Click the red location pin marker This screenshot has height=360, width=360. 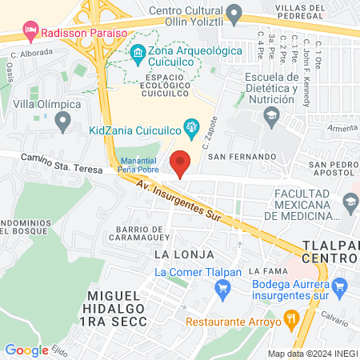pyautogui.click(x=181, y=162)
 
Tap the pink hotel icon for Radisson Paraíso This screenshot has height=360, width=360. pyautogui.click(x=30, y=33)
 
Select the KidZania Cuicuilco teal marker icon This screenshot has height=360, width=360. pyautogui.click(x=191, y=126)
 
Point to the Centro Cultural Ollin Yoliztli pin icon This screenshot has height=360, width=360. pyautogui.click(x=234, y=13)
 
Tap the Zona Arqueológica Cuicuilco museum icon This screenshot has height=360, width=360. pyautogui.click(x=138, y=52)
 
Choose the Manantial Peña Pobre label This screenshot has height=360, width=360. pyautogui.click(x=138, y=164)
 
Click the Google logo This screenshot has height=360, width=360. pyautogui.click(x=26, y=350)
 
